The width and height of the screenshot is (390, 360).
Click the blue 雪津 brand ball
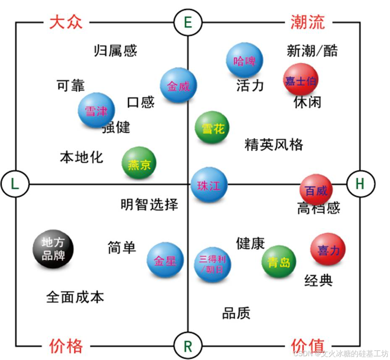[x=96, y=110]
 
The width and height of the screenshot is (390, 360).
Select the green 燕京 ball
[x=139, y=164]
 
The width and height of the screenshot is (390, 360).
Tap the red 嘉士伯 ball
[x=300, y=80]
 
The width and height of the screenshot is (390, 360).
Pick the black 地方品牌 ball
[x=53, y=249]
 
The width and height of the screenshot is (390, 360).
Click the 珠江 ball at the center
[x=209, y=185]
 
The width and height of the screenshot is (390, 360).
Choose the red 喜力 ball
[x=328, y=250]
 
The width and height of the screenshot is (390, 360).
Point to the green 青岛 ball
[x=279, y=263]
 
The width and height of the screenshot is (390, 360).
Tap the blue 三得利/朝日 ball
[x=212, y=264]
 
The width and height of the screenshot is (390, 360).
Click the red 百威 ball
[x=316, y=190]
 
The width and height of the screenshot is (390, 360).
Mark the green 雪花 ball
[x=212, y=128]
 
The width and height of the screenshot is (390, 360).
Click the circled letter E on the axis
[x=188, y=22]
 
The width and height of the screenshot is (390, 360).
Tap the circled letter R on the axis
[x=188, y=346]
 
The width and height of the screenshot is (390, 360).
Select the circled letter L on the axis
[x=15, y=184]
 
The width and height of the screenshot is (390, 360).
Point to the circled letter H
[x=360, y=184]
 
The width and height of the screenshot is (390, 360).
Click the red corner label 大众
[x=66, y=22]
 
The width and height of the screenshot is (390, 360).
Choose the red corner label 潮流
[x=308, y=22]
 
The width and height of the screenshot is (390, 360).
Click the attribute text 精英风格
[x=274, y=145]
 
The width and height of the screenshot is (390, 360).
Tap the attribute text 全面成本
[x=75, y=297]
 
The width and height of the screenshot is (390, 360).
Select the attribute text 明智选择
[x=149, y=205]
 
